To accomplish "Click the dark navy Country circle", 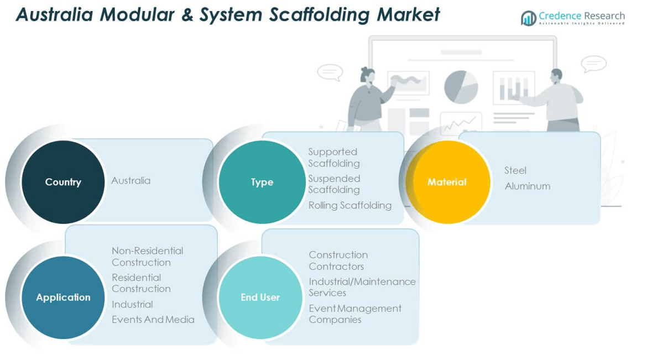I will coord(63,182).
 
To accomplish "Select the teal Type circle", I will coord(262,182).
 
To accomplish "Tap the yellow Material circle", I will coord(447,182).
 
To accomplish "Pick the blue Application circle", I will coord(63,297).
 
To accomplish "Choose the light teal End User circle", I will coord(260,297).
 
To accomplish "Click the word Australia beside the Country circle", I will coord(131,180).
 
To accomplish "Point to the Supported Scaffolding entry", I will coord(333,157).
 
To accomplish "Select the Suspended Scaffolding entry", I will coord(333,184).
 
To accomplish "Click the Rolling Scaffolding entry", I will coord(349,205).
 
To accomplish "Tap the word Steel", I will coord(515,170).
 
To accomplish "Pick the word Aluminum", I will coord(527,186).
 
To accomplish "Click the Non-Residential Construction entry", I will coord(147,256).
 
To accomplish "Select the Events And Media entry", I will coord(153,319).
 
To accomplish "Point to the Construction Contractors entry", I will coord(337,260).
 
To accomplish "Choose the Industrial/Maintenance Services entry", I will coord(362,287).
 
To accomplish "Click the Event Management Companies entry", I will coord(354,314).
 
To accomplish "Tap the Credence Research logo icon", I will coord(528,18).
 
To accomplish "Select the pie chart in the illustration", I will coord(461,86).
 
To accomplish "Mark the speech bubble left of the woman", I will coord(330,72).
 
